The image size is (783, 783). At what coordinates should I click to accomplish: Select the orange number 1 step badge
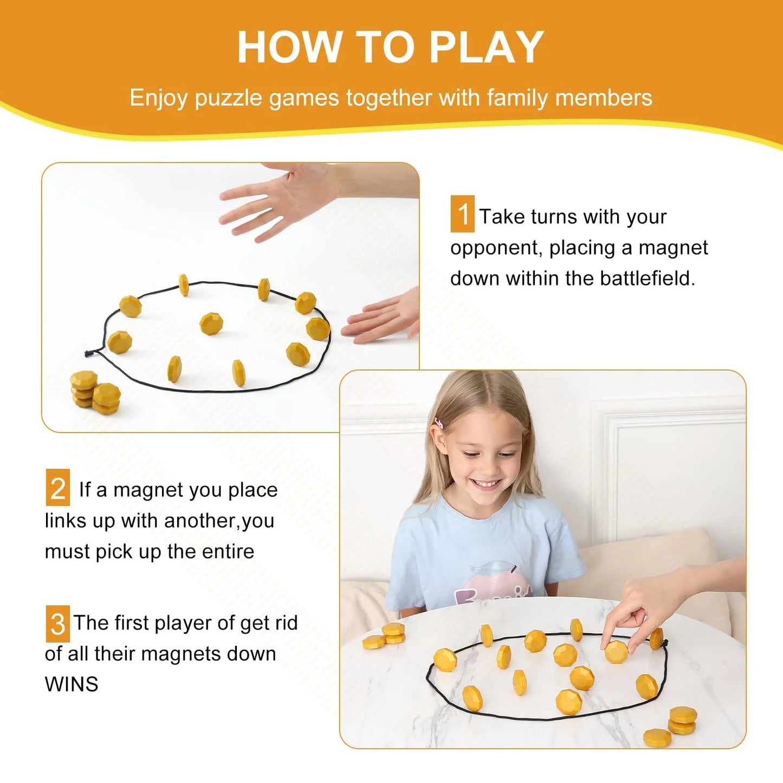462,214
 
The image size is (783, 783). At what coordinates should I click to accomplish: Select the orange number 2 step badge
57,488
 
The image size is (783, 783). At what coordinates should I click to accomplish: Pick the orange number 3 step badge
57,624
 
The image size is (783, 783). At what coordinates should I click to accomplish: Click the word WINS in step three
72,684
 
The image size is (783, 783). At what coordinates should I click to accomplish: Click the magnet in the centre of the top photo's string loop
211,323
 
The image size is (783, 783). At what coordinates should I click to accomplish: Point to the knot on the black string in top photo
89,354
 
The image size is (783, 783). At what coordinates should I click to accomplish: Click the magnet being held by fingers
616,651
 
